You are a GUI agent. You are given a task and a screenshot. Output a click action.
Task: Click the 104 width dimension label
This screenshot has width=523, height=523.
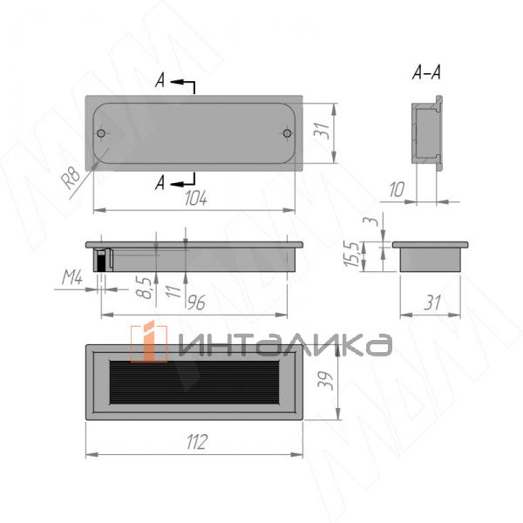pyautogui.click(x=195, y=200)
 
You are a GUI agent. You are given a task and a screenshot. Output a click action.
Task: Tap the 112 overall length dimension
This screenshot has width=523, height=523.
pyautogui.click(x=197, y=442)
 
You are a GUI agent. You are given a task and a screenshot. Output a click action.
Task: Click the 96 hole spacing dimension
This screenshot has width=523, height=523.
pyautogui.click(x=196, y=302)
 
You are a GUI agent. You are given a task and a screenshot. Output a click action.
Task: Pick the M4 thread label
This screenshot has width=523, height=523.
pyautogui.click(x=72, y=278)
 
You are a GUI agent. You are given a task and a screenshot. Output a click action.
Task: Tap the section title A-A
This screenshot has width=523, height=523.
pyautogui.click(x=426, y=73)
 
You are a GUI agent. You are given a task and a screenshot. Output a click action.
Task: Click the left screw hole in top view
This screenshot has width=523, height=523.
pyautogui.click(x=103, y=134)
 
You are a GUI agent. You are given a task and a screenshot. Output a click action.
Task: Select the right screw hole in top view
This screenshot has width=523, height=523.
pyautogui.click(x=287, y=134)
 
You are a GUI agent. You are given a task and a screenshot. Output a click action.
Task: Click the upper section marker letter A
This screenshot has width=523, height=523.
pyautogui.click(x=160, y=82)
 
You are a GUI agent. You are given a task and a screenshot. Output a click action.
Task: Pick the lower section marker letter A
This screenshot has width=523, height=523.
pyautogui.click(x=160, y=182)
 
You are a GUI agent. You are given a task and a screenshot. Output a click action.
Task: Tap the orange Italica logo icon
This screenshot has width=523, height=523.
pyautogui.click(x=148, y=342)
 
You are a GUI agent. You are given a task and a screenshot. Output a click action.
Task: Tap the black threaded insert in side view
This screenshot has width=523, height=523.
pyautogui.click(x=102, y=259)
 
